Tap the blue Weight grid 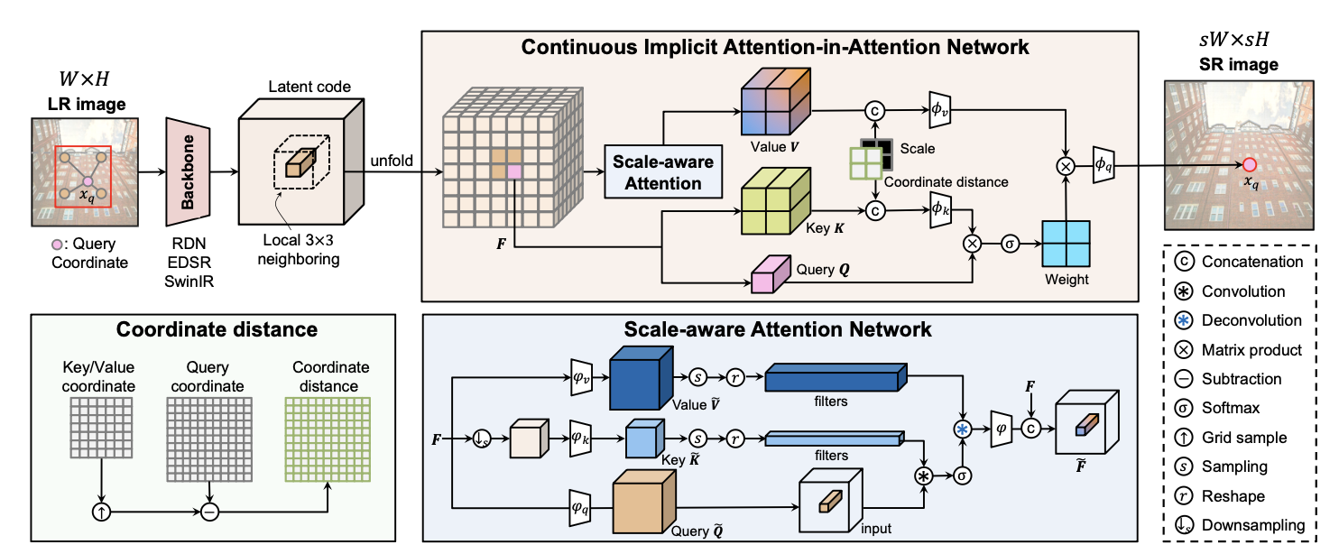click(1066, 243)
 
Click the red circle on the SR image click(1249, 164)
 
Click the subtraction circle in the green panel click(210, 512)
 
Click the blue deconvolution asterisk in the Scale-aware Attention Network click(965, 430)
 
